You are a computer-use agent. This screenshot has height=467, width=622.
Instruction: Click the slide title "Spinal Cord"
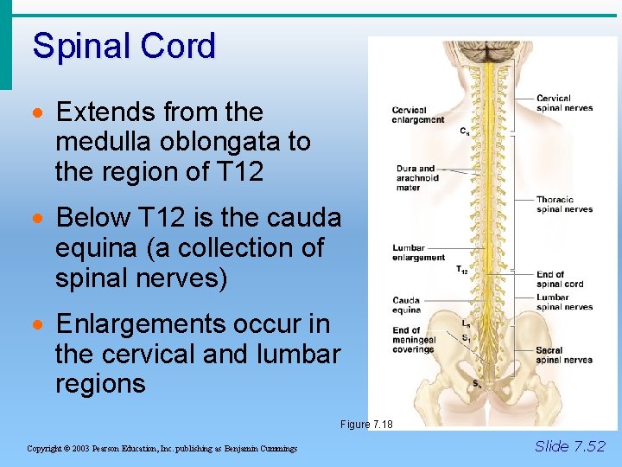pyautogui.click(x=124, y=46)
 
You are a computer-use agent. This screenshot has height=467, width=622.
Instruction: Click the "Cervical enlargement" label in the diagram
pyautogui.click(x=417, y=115)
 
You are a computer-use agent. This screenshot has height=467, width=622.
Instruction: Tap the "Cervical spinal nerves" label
pyautogui.click(x=564, y=103)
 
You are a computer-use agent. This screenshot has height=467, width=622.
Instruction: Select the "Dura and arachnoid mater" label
pyautogui.click(x=416, y=177)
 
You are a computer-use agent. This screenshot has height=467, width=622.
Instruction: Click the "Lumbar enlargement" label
pyautogui.click(x=418, y=253)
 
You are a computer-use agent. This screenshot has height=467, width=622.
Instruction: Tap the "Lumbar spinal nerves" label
pyautogui.click(x=564, y=302)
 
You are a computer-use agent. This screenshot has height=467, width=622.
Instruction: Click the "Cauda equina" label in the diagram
pyautogui.click(x=406, y=305)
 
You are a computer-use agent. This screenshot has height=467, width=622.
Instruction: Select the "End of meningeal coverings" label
pyautogui.click(x=413, y=340)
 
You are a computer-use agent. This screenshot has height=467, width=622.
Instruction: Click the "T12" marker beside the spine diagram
pyautogui.click(x=462, y=271)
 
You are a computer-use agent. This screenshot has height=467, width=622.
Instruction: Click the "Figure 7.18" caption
pyautogui.click(x=366, y=425)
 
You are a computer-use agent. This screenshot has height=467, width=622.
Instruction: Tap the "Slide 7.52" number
pyautogui.click(x=570, y=446)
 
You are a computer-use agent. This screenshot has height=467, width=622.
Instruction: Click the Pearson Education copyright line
pyautogui.click(x=162, y=449)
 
